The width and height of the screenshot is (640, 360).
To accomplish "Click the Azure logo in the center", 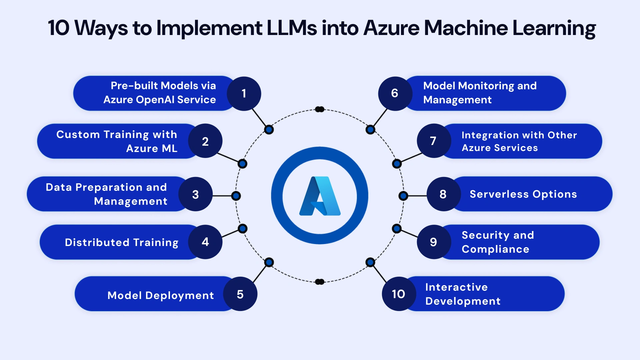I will click(x=320, y=196).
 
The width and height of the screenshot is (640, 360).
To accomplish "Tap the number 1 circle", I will click(x=244, y=94).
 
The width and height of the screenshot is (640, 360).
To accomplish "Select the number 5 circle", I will click(x=240, y=294).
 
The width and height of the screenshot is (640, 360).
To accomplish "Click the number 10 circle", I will click(x=399, y=294).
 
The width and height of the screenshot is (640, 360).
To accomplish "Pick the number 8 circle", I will click(x=443, y=194).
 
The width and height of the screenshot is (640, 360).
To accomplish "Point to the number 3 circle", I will click(x=196, y=194).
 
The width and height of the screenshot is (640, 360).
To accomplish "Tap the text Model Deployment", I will click(x=160, y=295).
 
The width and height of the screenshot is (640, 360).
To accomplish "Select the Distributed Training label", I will click(x=122, y=242).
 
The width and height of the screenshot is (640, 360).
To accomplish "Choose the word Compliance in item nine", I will click(x=495, y=249).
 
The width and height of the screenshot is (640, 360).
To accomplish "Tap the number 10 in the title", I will click(x=58, y=28).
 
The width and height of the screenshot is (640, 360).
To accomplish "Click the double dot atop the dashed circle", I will click(x=320, y=109).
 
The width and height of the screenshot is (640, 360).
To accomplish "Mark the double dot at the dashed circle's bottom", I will click(x=320, y=282).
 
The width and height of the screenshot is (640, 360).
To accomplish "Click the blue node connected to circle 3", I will click(x=236, y=196).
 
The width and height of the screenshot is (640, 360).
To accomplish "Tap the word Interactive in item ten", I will click(x=456, y=287).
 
